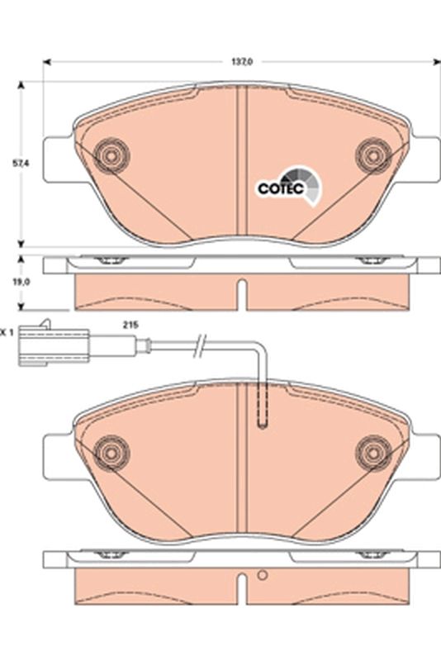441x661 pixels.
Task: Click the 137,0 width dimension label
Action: [x=242, y=61]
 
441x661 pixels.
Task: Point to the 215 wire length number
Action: [x=130, y=325]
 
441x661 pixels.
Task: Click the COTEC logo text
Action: [x=281, y=188]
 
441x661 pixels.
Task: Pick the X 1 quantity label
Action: [x=7, y=333]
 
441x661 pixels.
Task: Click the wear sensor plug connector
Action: [x=54, y=345]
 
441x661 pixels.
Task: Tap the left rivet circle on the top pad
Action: [x=111, y=156]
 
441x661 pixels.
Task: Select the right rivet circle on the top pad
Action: [x=373, y=156]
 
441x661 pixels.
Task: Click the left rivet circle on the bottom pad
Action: [x=111, y=453]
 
